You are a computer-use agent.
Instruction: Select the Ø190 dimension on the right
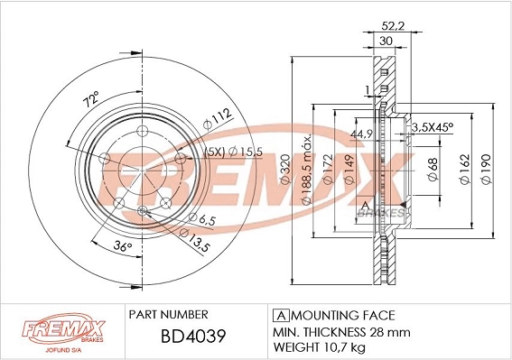coord(485,167)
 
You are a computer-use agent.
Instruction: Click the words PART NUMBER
coord(170,314)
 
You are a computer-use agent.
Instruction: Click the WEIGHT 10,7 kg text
coord(320,346)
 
